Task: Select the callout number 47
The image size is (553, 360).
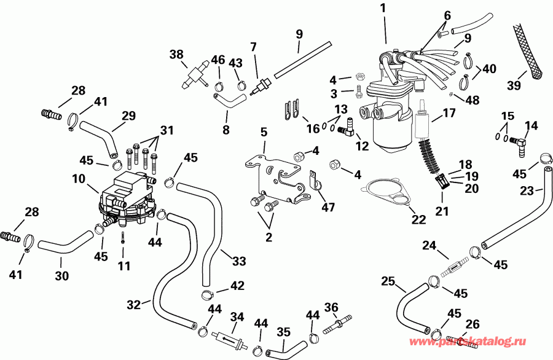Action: (328, 208)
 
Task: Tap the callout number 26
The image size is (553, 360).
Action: (472, 323)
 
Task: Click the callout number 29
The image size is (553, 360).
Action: (128, 115)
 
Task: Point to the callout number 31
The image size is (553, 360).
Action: (167, 130)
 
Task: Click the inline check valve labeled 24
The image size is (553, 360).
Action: (453, 268)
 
